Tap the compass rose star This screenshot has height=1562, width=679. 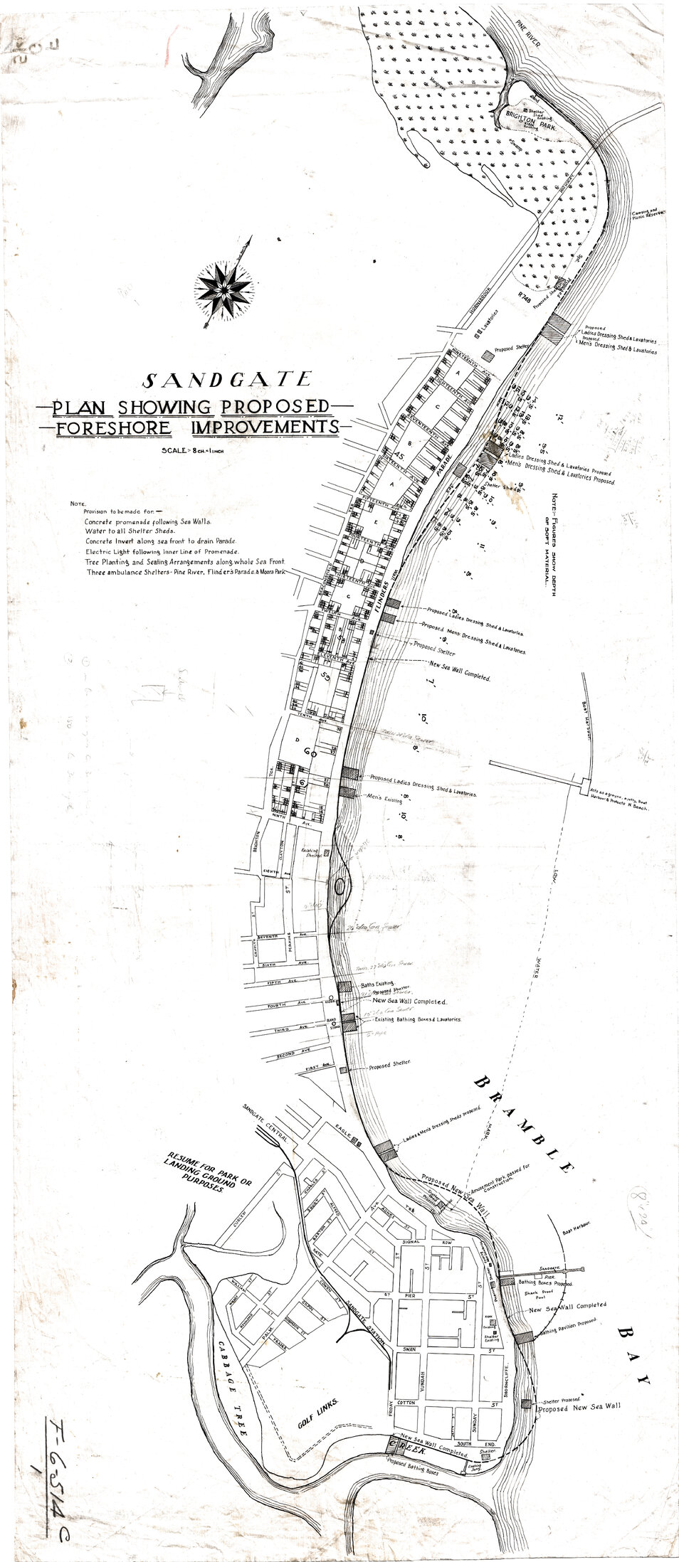[x=226, y=287]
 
